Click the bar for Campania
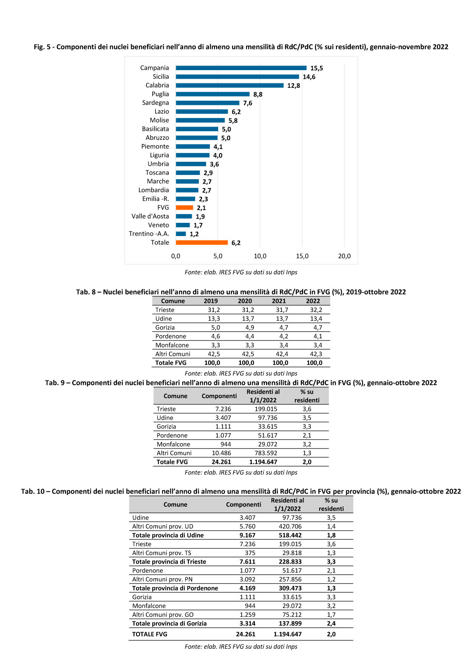[241, 68]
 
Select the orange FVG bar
[184, 208]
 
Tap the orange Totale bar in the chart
[202, 243]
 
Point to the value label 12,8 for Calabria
[293, 85]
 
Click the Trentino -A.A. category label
[148, 234]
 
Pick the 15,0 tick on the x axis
[302, 256]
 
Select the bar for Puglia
[213, 94]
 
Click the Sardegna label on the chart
[155, 103]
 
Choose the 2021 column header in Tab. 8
[279, 301]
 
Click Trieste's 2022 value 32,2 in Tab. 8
[316, 309]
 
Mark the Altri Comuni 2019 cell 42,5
[214, 354]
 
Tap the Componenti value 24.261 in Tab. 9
[221, 462]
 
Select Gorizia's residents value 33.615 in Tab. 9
[267, 426]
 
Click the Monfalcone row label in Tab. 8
[172, 345]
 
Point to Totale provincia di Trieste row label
[169, 562]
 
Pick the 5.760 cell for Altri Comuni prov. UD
[247, 526]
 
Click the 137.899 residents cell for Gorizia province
[290, 624]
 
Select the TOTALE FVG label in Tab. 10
[150, 634]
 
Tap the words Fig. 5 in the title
[42, 47]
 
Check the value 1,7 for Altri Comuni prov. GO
[331, 615]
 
